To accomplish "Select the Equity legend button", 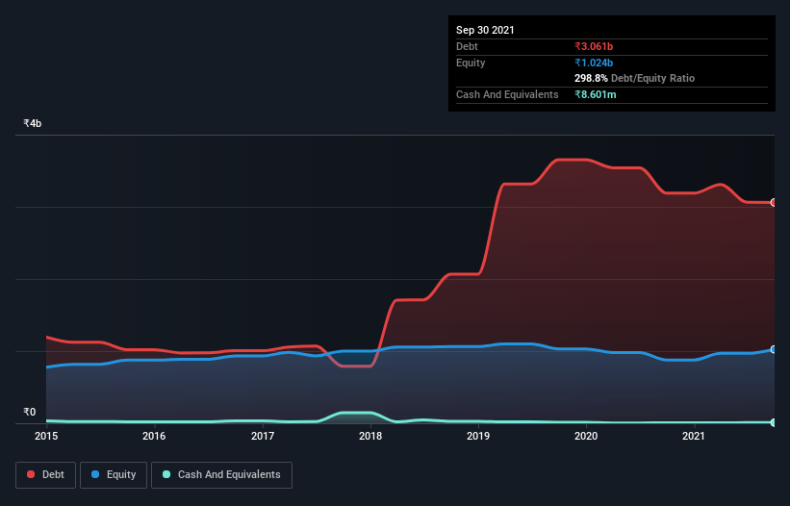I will point(114,474).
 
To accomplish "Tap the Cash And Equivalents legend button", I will point(221,474).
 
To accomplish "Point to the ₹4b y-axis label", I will point(33,124).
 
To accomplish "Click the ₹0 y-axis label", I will point(30,413).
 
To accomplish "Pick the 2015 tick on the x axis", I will point(46,436).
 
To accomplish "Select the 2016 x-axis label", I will point(154,436).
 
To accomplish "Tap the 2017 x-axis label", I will point(263,436).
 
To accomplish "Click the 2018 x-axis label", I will point(370,436).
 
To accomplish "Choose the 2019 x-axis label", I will point(479,436).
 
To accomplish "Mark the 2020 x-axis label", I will point(587,436).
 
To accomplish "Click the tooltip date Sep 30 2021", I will point(485,30).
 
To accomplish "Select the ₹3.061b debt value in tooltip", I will point(596,46).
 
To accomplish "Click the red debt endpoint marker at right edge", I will point(774,203).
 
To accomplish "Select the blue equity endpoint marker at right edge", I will point(774,349).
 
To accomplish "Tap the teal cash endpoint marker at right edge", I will point(774,422).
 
